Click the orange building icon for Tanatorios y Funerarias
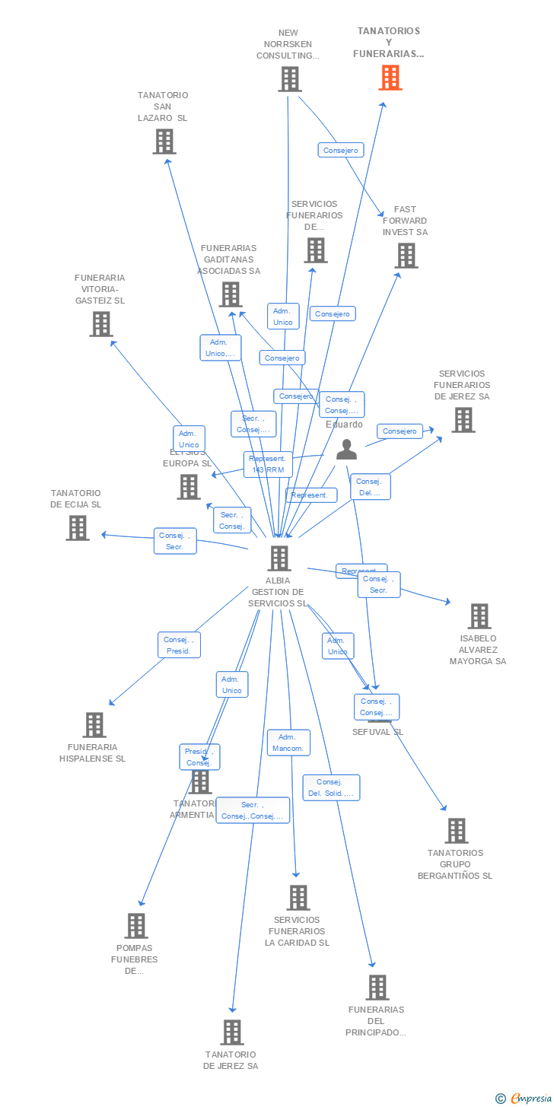click(x=390, y=78)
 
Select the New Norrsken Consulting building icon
click(x=289, y=79)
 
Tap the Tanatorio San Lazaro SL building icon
click(x=164, y=142)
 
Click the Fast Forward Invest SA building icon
click(x=406, y=256)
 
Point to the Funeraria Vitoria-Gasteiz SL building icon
click(x=100, y=324)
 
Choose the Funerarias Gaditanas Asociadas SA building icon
click(x=230, y=294)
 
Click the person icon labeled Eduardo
click(x=346, y=450)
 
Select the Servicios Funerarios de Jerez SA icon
click(x=463, y=420)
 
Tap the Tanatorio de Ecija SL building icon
click(x=77, y=528)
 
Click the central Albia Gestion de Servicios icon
click(x=279, y=558)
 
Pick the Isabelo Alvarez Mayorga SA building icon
click(x=479, y=616)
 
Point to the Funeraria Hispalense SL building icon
click(x=94, y=725)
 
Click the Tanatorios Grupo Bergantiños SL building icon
click(x=457, y=831)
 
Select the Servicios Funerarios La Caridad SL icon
click(x=298, y=898)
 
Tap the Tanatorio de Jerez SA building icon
click(x=232, y=1032)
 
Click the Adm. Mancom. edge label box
click(x=288, y=743)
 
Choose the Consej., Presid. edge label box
click(x=180, y=645)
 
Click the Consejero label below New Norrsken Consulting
click(x=340, y=151)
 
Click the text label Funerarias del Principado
click(x=376, y=1021)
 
